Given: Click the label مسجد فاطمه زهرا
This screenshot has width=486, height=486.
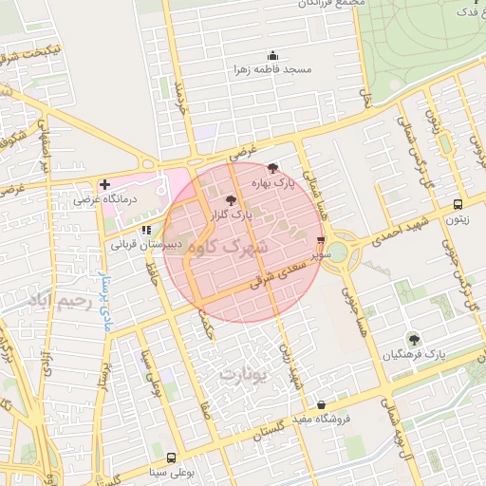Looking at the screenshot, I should coord(273,70).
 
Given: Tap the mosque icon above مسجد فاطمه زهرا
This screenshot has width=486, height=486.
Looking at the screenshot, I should coord(273,55).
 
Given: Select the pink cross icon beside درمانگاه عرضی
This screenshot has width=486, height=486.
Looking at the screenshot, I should coord(103,183).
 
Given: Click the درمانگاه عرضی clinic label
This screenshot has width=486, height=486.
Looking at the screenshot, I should coord(133,199).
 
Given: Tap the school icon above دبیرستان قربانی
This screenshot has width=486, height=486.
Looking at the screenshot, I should coord(145,229).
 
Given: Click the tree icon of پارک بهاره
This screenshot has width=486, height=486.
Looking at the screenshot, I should coord(274,166).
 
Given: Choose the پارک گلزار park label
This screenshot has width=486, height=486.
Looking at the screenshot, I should coord(232,215).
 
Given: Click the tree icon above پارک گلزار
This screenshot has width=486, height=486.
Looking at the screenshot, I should coord(232,200).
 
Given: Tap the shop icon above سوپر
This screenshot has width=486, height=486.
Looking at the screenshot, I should coord(321,240).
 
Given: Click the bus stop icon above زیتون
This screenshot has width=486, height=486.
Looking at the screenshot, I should coord(458,204).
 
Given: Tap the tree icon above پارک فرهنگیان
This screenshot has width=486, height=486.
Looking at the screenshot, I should coord(413,338).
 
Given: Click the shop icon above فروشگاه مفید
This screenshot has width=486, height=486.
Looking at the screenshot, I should coord(322,404).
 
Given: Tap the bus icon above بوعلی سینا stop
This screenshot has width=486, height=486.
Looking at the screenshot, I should coord(171,457).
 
